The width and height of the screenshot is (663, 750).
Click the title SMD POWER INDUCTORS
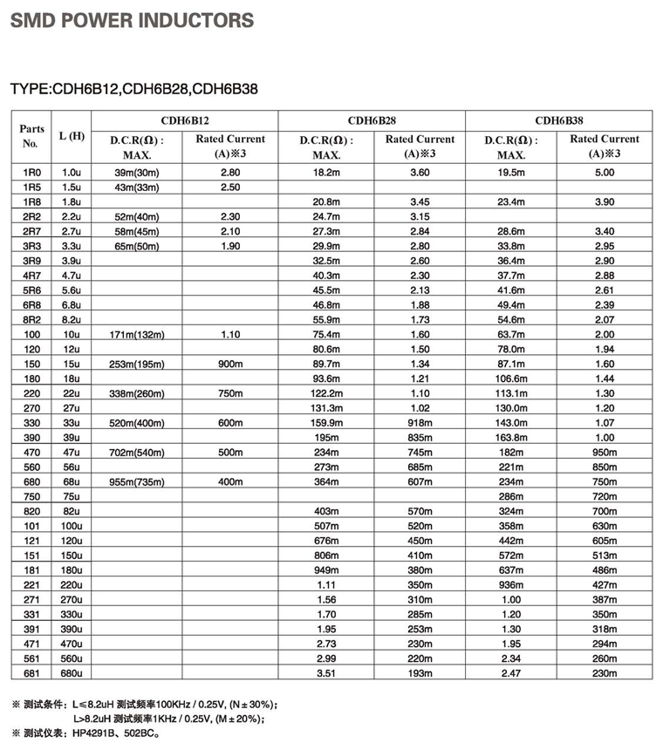click(132, 21)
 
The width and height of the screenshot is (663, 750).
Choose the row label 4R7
click(31, 276)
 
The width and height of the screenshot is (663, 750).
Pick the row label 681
click(31, 673)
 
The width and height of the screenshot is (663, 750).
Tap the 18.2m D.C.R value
click(325, 173)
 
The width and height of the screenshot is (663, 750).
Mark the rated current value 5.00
click(605, 173)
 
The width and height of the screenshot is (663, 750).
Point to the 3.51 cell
click(325, 673)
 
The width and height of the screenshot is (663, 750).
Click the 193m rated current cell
click(420, 673)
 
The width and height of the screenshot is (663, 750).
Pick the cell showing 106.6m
click(511, 378)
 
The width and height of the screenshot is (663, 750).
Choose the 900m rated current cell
click(230, 364)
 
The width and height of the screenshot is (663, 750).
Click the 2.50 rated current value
click(230, 187)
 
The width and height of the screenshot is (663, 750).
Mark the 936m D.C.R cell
click(511, 583)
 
